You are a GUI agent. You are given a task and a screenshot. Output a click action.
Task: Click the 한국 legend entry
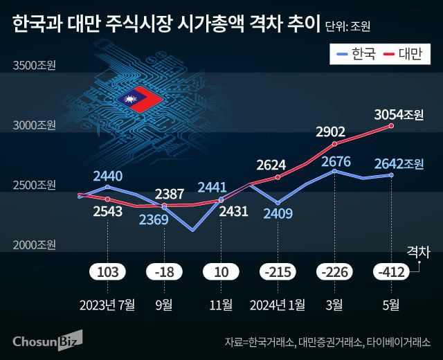(355, 54)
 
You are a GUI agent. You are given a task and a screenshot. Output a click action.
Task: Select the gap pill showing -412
(392, 271)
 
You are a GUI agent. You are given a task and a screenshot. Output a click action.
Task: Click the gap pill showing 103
(108, 271)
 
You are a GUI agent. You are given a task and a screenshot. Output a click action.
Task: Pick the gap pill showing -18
(165, 271)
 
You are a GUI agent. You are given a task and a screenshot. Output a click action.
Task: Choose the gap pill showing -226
(335, 271)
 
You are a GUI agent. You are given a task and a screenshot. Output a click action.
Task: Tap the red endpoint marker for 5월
(392, 125)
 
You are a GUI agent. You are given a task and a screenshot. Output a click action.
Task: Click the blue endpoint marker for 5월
(392, 175)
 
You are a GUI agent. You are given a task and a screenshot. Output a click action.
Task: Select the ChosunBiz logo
(47, 340)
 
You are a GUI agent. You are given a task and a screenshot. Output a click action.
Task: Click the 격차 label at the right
(418, 251)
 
